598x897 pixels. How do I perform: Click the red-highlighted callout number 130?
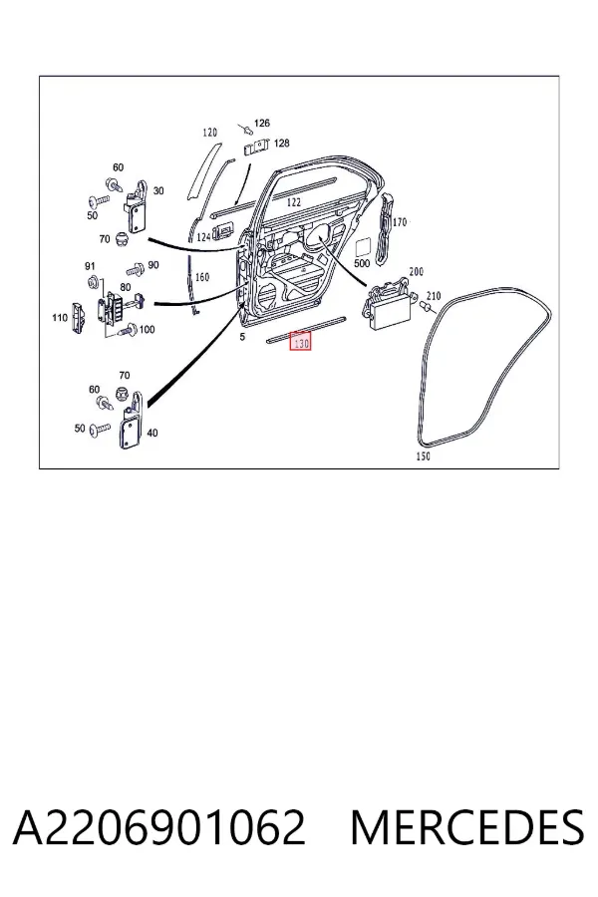point(301,342)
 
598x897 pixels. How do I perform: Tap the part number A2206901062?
point(158,827)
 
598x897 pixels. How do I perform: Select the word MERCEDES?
point(467,827)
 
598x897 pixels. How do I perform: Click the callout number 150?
point(423,455)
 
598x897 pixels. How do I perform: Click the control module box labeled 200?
point(388,306)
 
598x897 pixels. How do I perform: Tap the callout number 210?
point(434,296)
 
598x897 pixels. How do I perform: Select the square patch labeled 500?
point(364,247)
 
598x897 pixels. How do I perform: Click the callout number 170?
point(400,222)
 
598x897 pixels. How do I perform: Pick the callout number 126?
point(261,123)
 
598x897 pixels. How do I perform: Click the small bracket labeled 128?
point(257,147)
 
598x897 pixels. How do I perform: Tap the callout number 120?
point(210,133)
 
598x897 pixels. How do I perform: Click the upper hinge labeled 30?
point(137,207)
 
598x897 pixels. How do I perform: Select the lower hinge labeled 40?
point(131,421)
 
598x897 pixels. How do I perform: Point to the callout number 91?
point(90,266)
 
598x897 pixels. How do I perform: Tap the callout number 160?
point(202,277)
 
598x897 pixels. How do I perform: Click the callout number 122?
point(293,202)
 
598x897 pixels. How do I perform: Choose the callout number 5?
point(242,337)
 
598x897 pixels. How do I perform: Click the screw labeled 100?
point(127,329)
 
